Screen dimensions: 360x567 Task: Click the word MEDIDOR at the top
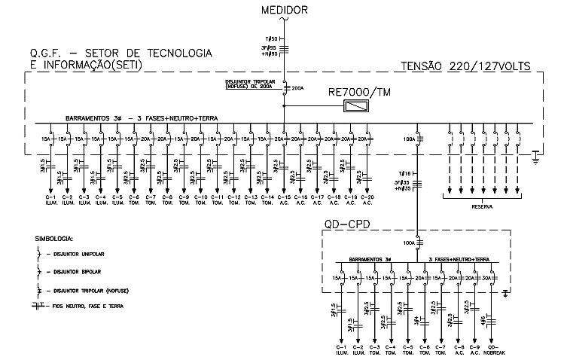coord(285,10)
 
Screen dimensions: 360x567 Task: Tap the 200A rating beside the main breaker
coord(297,89)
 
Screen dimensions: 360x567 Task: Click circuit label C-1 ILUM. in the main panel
coord(50,200)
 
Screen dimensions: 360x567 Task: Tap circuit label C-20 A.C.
coord(367,200)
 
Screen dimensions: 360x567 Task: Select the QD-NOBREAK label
coord(493,351)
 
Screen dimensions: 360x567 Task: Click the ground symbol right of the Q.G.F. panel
coord(535,156)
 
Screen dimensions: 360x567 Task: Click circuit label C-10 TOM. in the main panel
coord(200,200)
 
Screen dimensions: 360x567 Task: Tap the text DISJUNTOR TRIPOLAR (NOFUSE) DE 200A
coord(252,85)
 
